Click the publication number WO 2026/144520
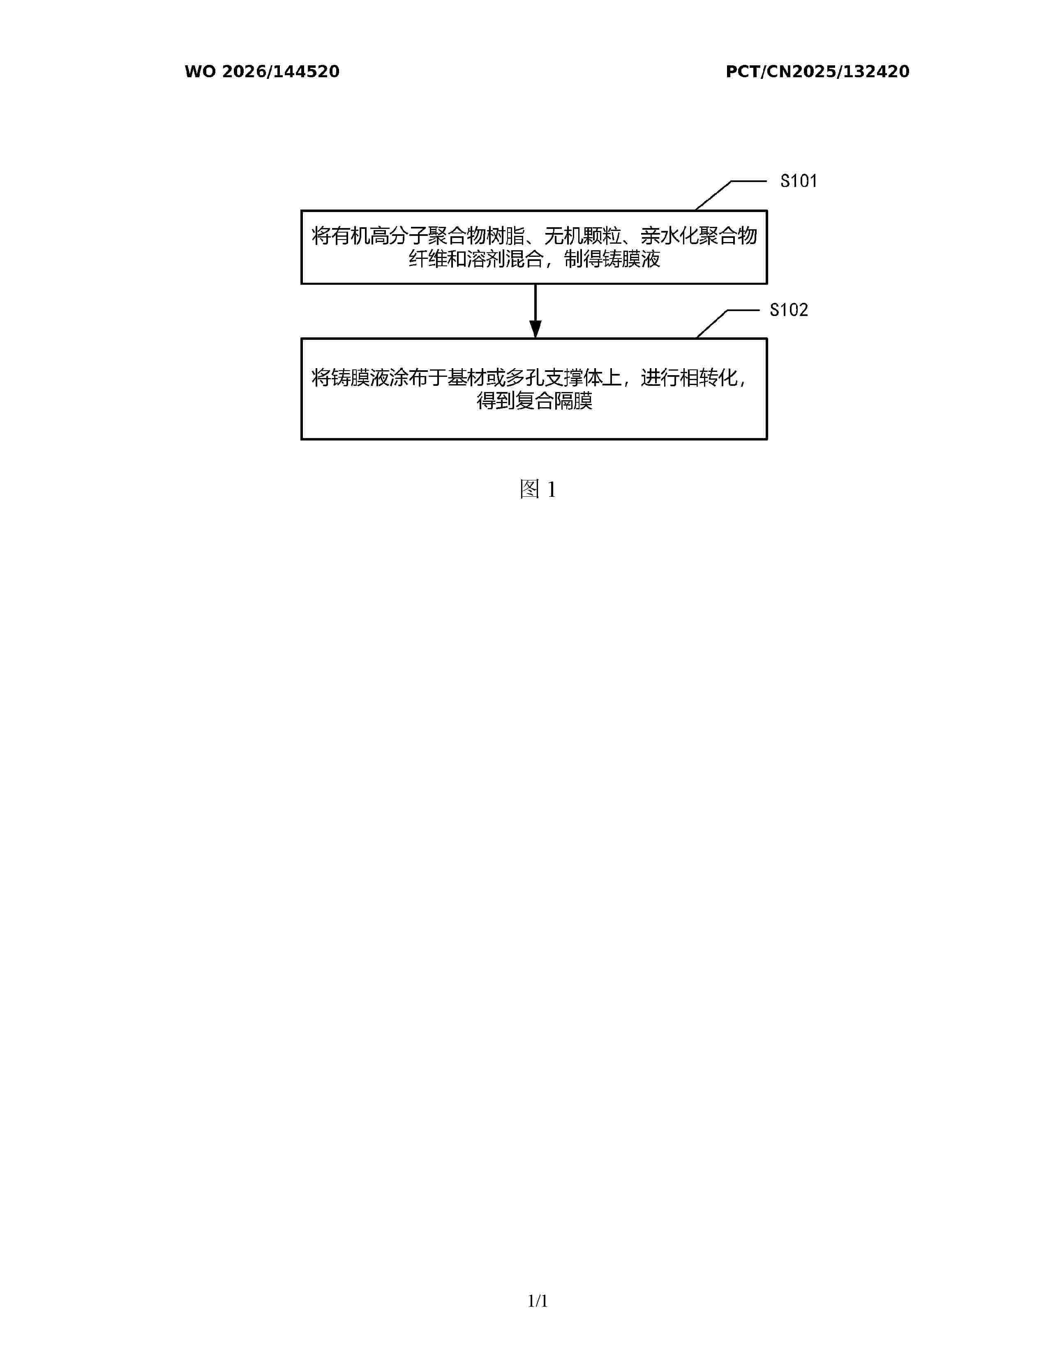[262, 71]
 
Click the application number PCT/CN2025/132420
[818, 71]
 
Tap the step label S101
[799, 181]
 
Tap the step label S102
[789, 310]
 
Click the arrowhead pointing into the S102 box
[535, 329]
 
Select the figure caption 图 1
[538, 489]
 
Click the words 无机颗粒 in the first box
[583, 236]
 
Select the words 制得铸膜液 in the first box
[612, 259]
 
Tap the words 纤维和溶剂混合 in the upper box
[476, 259]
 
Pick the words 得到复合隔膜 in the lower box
[535, 401]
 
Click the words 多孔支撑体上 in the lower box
[564, 378]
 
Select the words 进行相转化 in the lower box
[689, 378]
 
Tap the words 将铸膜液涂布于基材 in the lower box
[399, 378]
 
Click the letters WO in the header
[200, 71]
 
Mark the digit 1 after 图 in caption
[551, 490]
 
